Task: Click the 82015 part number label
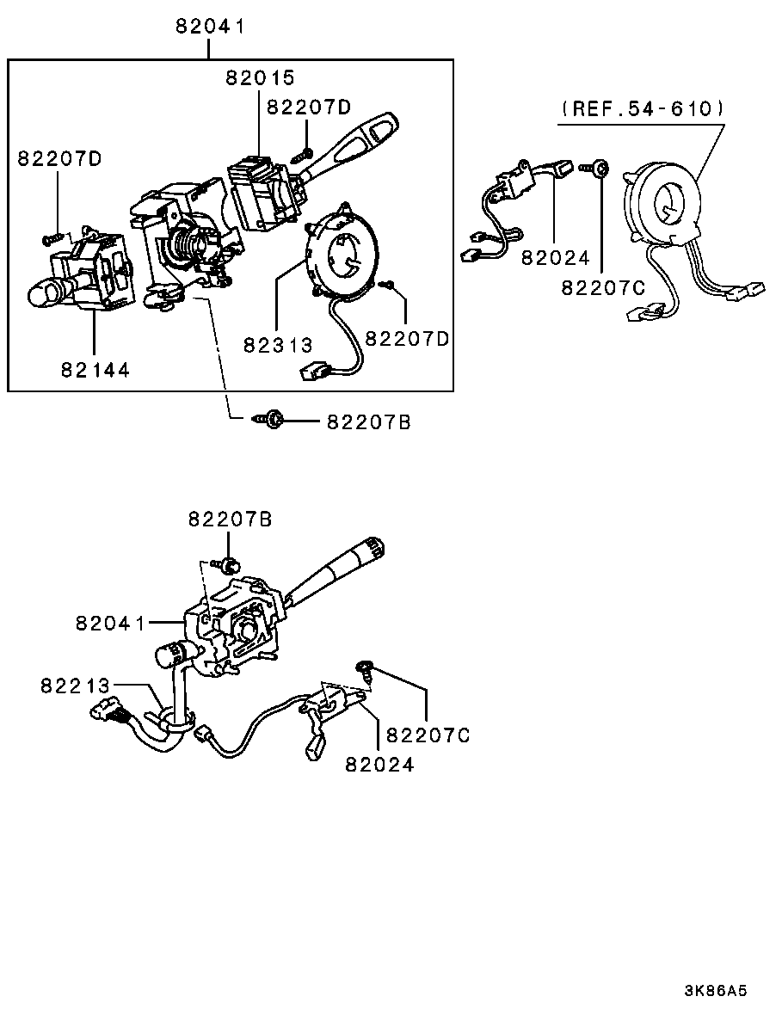(261, 77)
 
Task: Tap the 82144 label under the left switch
(95, 370)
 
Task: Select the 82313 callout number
(279, 344)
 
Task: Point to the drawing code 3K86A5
(716, 991)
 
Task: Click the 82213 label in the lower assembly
(75, 686)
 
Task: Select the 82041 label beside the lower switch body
(111, 623)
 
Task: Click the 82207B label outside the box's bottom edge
(368, 422)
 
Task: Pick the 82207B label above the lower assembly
(231, 519)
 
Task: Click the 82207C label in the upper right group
(604, 287)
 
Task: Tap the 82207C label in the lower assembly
(428, 735)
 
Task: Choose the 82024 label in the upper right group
(556, 258)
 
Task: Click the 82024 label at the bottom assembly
(379, 764)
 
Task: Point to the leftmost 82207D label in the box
(60, 158)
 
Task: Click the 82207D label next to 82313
(408, 339)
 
